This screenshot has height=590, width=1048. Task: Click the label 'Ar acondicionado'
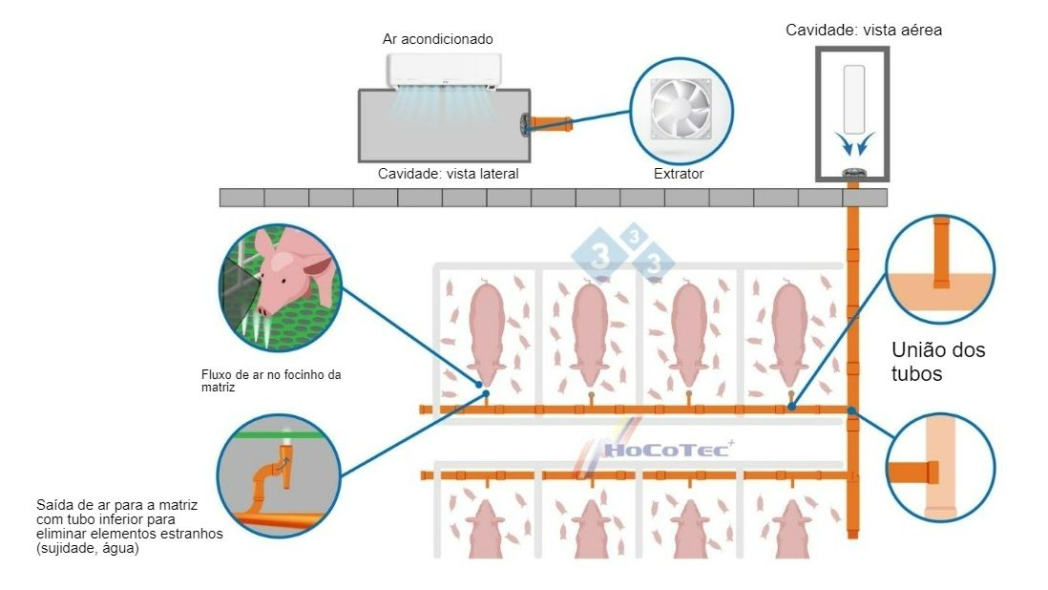click(437, 39)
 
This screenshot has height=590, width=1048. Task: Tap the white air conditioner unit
click(444, 69)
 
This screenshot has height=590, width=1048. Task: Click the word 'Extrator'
click(679, 174)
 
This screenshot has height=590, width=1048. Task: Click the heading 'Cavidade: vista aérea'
click(864, 30)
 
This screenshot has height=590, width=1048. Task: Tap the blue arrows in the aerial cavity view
click(853, 143)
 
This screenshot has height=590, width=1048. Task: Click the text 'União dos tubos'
click(938, 362)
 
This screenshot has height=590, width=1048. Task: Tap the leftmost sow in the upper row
click(487, 330)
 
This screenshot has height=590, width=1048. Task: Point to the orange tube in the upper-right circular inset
click(941, 253)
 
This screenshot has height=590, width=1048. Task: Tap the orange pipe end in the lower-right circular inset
click(913, 473)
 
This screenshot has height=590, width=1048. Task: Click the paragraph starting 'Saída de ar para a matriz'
click(129, 526)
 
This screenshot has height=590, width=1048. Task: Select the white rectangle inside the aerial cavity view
click(854, 98)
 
